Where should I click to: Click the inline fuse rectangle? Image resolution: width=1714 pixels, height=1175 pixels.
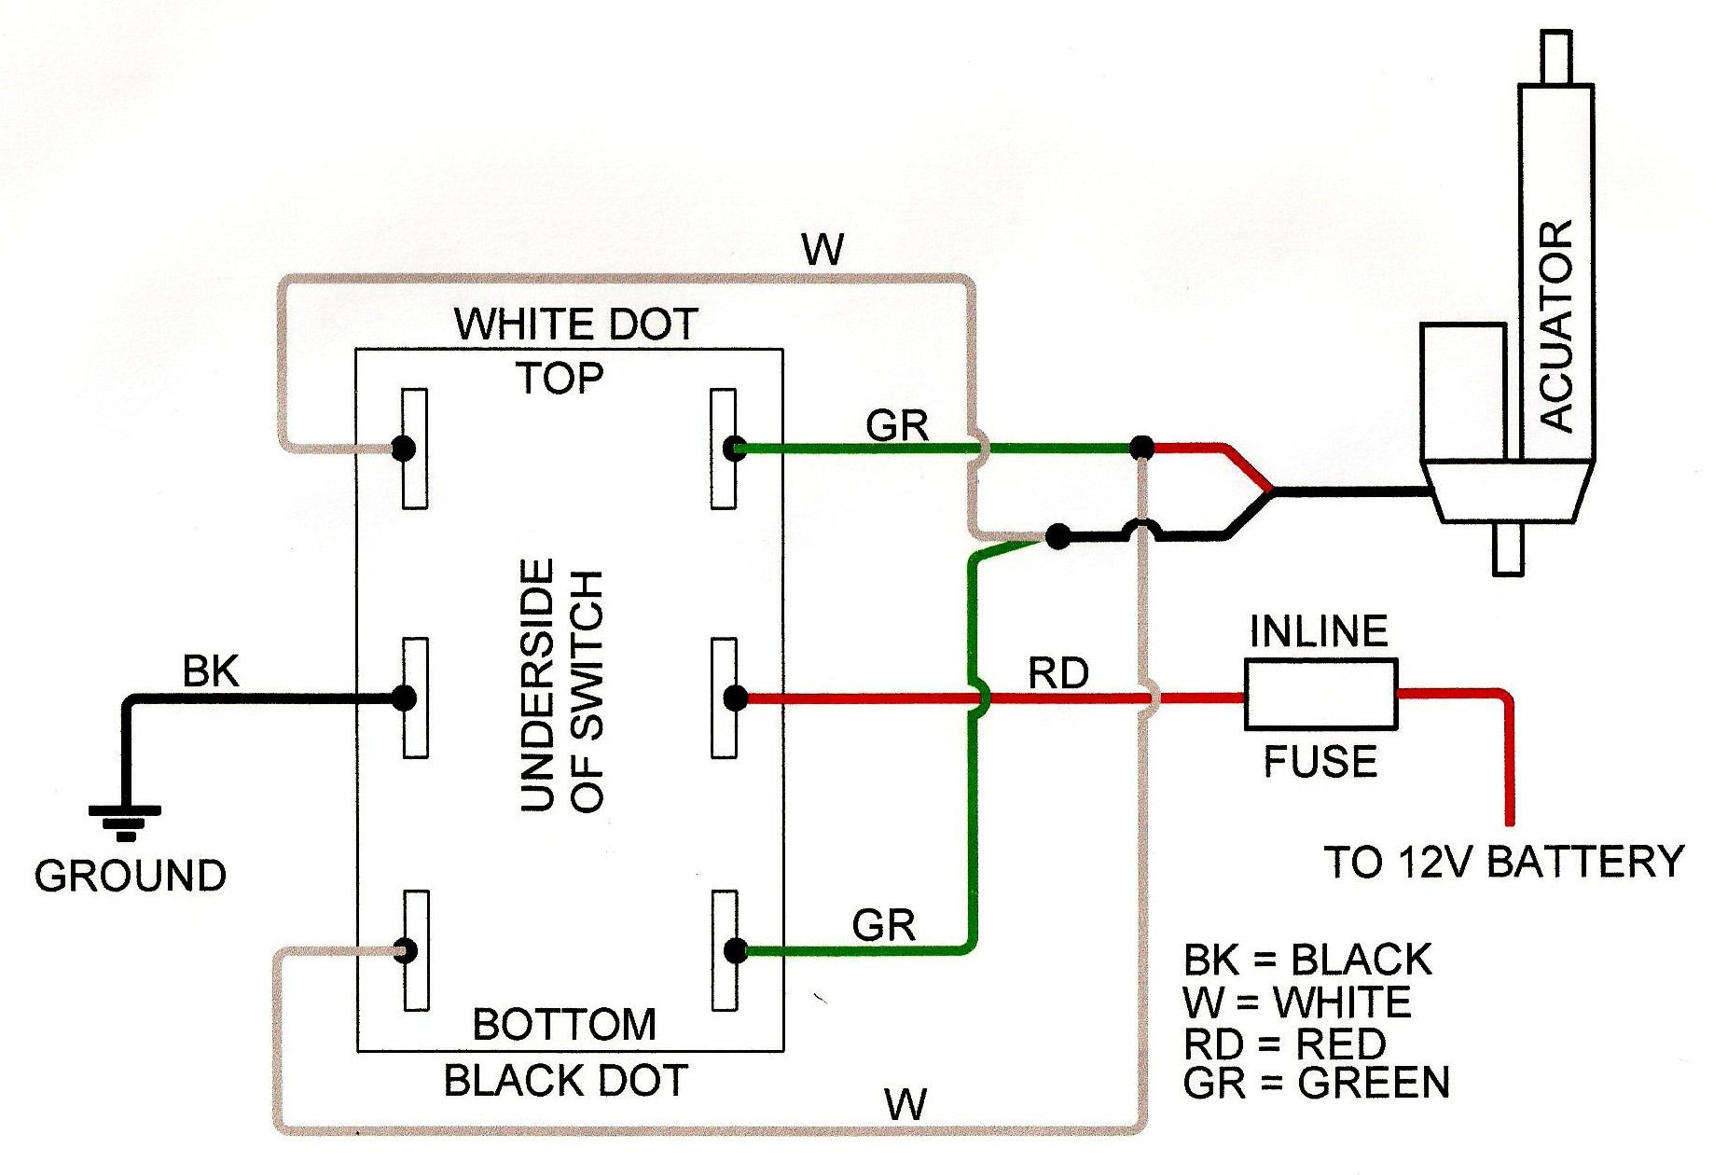tap(1320, 695)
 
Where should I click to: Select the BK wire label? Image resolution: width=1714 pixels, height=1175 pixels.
tap(210, 671)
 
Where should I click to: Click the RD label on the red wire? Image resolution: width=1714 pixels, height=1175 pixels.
tap(1058, 673)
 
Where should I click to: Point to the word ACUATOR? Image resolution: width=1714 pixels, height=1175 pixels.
tap(1555, 326)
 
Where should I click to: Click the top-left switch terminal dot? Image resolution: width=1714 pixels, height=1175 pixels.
tap(404, 449)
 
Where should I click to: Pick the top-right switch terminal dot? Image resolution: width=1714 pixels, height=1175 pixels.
tap(735, 449)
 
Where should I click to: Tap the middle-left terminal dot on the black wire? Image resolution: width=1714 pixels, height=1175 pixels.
tap(405, 698)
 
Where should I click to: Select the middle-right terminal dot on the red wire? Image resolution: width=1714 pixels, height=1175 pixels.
tap(735, 698)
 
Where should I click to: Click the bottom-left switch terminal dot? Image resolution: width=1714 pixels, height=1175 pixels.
tap(406, 951)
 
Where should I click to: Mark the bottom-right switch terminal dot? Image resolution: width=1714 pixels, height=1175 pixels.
tap(735, 951)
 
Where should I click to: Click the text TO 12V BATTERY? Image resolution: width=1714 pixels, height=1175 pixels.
tap(1503, 863)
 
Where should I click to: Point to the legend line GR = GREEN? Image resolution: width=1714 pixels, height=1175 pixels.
tap(1316, 1084)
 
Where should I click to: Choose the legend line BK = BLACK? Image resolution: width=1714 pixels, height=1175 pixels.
tap(1306, 960)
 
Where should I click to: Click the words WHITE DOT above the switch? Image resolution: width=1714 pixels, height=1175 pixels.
tap(576, 325)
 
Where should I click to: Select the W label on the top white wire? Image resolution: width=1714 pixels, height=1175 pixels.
tap(822, 250)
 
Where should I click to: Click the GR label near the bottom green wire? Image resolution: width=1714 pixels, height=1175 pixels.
tap(883, 925)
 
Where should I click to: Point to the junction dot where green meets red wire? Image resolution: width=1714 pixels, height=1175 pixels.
tap(1141, 449)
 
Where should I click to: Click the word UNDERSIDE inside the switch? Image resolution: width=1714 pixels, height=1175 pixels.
tap(538, 685)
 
